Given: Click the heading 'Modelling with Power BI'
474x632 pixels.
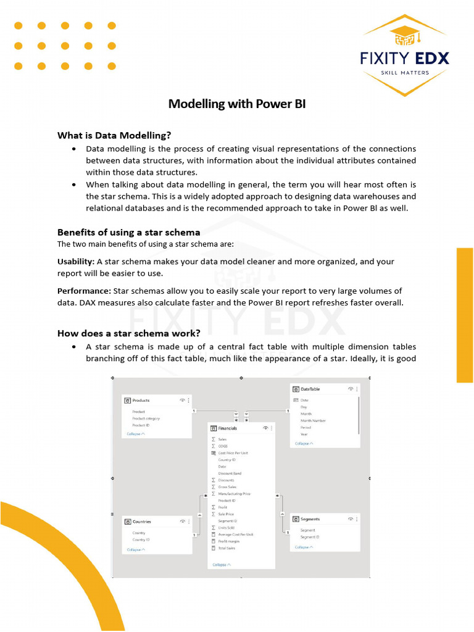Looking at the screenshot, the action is [x=237, y=104].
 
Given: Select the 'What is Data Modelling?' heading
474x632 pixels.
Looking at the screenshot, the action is [x=114, y=135].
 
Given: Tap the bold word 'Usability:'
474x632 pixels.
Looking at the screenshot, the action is [x=76, y=262].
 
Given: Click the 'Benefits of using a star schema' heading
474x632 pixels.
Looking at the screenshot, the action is [x=128, y=232].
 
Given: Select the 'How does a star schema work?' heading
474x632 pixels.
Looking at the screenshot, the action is [x=128, y=333].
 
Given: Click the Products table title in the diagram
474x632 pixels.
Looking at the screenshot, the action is [x=141, y=401].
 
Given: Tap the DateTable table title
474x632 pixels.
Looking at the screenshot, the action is [x=310, y=389].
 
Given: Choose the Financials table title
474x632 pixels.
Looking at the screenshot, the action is [x=227, y=428].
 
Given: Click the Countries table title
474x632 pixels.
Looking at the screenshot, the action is [x=141, y=522].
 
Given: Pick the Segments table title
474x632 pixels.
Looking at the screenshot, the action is [x=310, y=519].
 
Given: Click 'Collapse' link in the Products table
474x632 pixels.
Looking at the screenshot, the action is [x=136, y=434].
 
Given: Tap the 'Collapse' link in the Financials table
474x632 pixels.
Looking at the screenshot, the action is [x=222, y=565].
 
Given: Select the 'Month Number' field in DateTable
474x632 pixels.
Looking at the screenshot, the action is [x=313, y=420].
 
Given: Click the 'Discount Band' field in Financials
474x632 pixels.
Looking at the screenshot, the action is [x=230, y=473].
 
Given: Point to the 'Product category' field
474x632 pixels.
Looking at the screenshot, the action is [x=146, y=418].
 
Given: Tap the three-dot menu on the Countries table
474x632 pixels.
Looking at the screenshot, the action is [x=189, y=522].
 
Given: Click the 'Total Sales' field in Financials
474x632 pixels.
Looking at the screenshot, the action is [x=227, y=548].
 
